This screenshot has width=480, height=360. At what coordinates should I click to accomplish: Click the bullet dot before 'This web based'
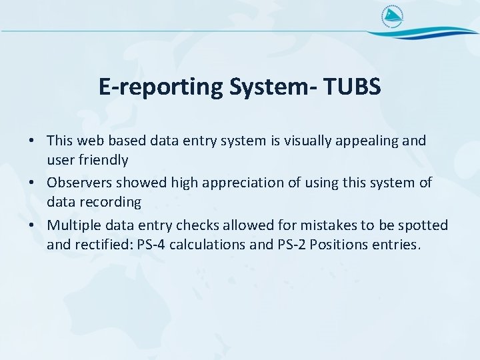click(x=31, y=141)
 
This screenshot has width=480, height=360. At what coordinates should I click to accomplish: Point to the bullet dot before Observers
click(x=31, y=183)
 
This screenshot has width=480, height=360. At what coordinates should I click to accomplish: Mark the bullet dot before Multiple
click(x=31, y=225)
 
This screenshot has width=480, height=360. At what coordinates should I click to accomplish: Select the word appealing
click(x=376, y=141)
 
